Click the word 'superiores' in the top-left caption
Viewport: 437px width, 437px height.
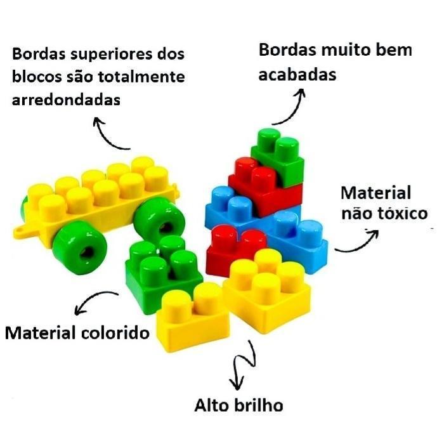112,55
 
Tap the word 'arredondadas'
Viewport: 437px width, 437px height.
66,100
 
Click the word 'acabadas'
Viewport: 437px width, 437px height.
297,74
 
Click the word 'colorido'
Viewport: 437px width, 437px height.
115,333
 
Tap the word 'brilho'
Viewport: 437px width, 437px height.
259,405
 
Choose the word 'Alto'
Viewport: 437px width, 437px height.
212,405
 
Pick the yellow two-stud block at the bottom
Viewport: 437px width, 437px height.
192,318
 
